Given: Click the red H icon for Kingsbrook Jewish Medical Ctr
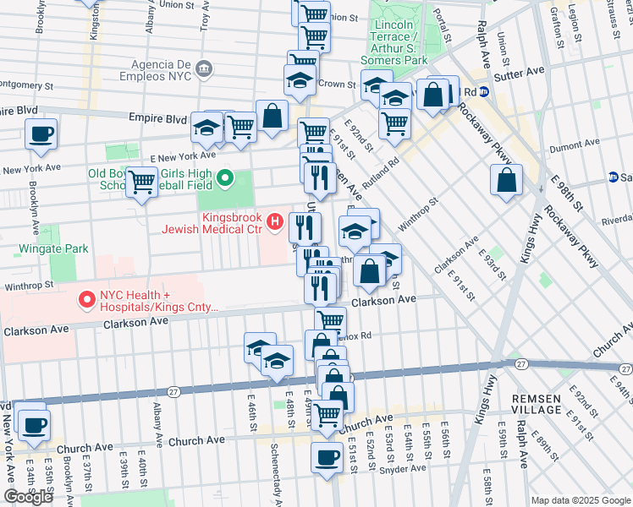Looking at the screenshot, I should pos(274,223).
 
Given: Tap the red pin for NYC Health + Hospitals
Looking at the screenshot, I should pos(85,299).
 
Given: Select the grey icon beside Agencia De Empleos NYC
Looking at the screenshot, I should pos(203,68).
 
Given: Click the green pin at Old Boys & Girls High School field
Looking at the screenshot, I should pos(225,178).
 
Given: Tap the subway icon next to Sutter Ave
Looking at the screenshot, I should pos(483,92).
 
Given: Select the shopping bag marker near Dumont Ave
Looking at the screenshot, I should pos(505,180).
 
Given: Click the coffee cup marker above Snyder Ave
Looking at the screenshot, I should pos(326,457).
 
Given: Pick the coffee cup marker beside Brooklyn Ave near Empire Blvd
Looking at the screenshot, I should pos(41,134).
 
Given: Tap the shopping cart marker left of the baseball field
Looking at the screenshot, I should pos(142,180).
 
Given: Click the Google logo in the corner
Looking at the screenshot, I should pos(28,496).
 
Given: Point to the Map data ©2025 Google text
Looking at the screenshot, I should pos(581,500).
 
